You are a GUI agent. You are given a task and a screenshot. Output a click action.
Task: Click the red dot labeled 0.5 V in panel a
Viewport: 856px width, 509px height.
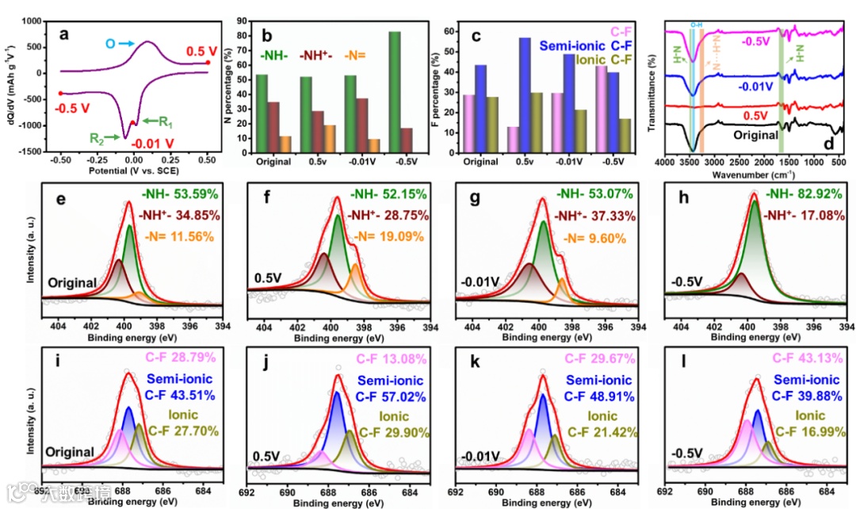pyautogui.click(x=207, y=63)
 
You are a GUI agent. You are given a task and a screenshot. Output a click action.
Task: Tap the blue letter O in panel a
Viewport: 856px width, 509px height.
pyautogui.click(x=110, y=44)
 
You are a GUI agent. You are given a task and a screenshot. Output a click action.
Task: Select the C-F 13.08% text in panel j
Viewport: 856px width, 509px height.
pyautogui.click(x=387, y=357)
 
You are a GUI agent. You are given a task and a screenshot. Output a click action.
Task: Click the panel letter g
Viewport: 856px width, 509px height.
pyautogui.click(x=476, y=195)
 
